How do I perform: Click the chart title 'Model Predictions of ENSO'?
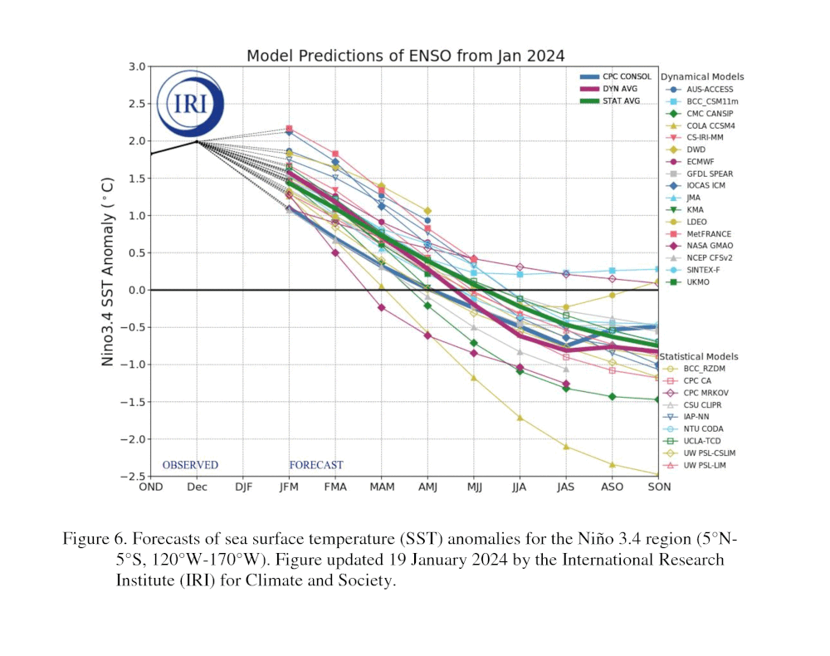[x=405, y=56]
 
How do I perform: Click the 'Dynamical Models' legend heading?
[x=702, y=77]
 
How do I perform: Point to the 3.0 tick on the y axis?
[x=137, y=66]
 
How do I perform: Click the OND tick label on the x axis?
[x=150, y=487]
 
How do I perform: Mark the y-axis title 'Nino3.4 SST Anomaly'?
[x=109, y=271]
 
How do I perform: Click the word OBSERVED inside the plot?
[x=190, y=465]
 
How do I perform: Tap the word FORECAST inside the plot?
[x=315, y=465]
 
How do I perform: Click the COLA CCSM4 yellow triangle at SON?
[x=658, y=474]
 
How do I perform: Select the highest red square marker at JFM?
[x=289, y=129]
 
